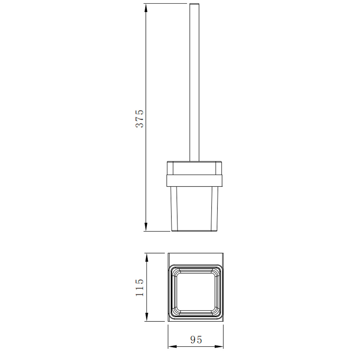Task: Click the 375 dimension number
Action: point(140,118)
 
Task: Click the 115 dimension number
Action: point(140,287)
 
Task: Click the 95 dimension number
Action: point(196,340)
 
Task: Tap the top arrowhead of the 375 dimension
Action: point(146,8)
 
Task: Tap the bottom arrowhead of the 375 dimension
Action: point(146,227)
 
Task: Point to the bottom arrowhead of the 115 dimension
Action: point(147,317)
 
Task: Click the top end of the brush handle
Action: point(194,4)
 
